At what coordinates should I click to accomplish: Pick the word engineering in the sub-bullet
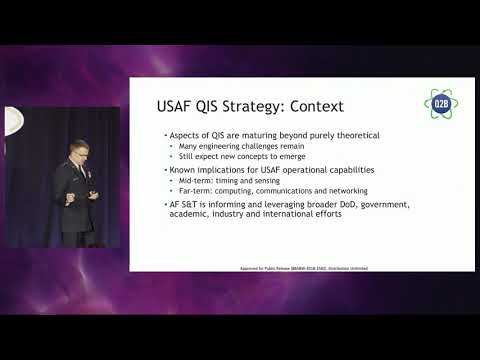pos(211,146)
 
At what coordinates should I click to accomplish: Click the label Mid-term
pos(189,180)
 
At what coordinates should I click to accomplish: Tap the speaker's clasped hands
pos(89,196)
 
